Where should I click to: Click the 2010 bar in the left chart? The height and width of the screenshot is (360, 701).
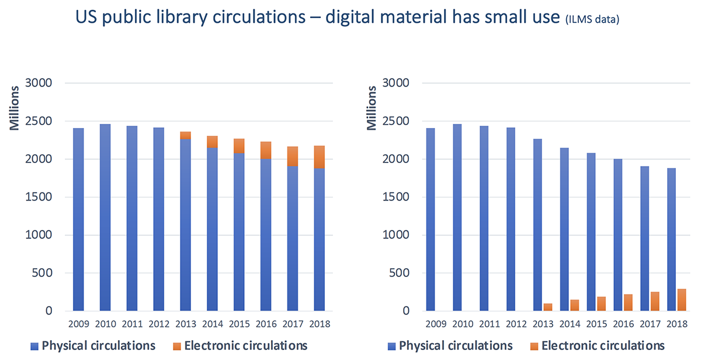pyautogui.click(x=105, y=216)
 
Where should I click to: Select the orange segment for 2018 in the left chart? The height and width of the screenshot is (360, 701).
pyautogui.click(x=320, y=157)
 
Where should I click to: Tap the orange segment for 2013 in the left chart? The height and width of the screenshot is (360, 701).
pyautogui.click(x=185, y=136)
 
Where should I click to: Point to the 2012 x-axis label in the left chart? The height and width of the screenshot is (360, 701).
pyautogui.click(x=158, y=323)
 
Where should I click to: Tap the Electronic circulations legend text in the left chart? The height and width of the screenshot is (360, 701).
pyautogui.click(x=246, y=345)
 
